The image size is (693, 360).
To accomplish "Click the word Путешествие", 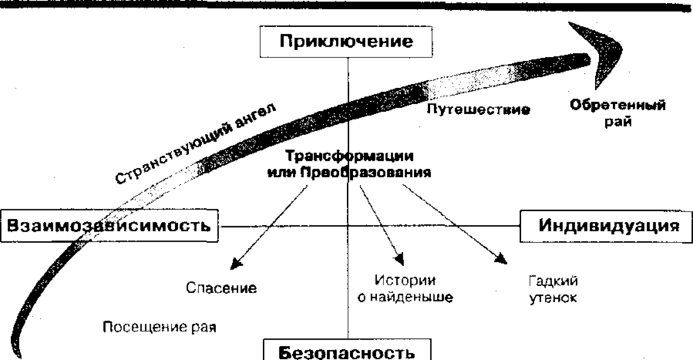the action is tap(478, 110).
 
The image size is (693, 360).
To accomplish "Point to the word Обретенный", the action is tap(618, 105).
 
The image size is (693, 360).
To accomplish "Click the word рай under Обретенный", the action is tap(618, 122).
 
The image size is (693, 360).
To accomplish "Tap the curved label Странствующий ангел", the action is tap(195, 143).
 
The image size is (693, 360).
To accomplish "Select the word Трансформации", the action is tap(349, 156).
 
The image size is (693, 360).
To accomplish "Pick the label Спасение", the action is tap(221, 288).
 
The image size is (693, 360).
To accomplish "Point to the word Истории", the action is tap(405, 280).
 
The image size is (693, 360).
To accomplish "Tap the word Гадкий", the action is tap(553, 281).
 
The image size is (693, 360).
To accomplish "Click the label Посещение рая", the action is tap(159, 327).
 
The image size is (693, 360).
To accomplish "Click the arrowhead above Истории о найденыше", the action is tap(400, 259).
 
